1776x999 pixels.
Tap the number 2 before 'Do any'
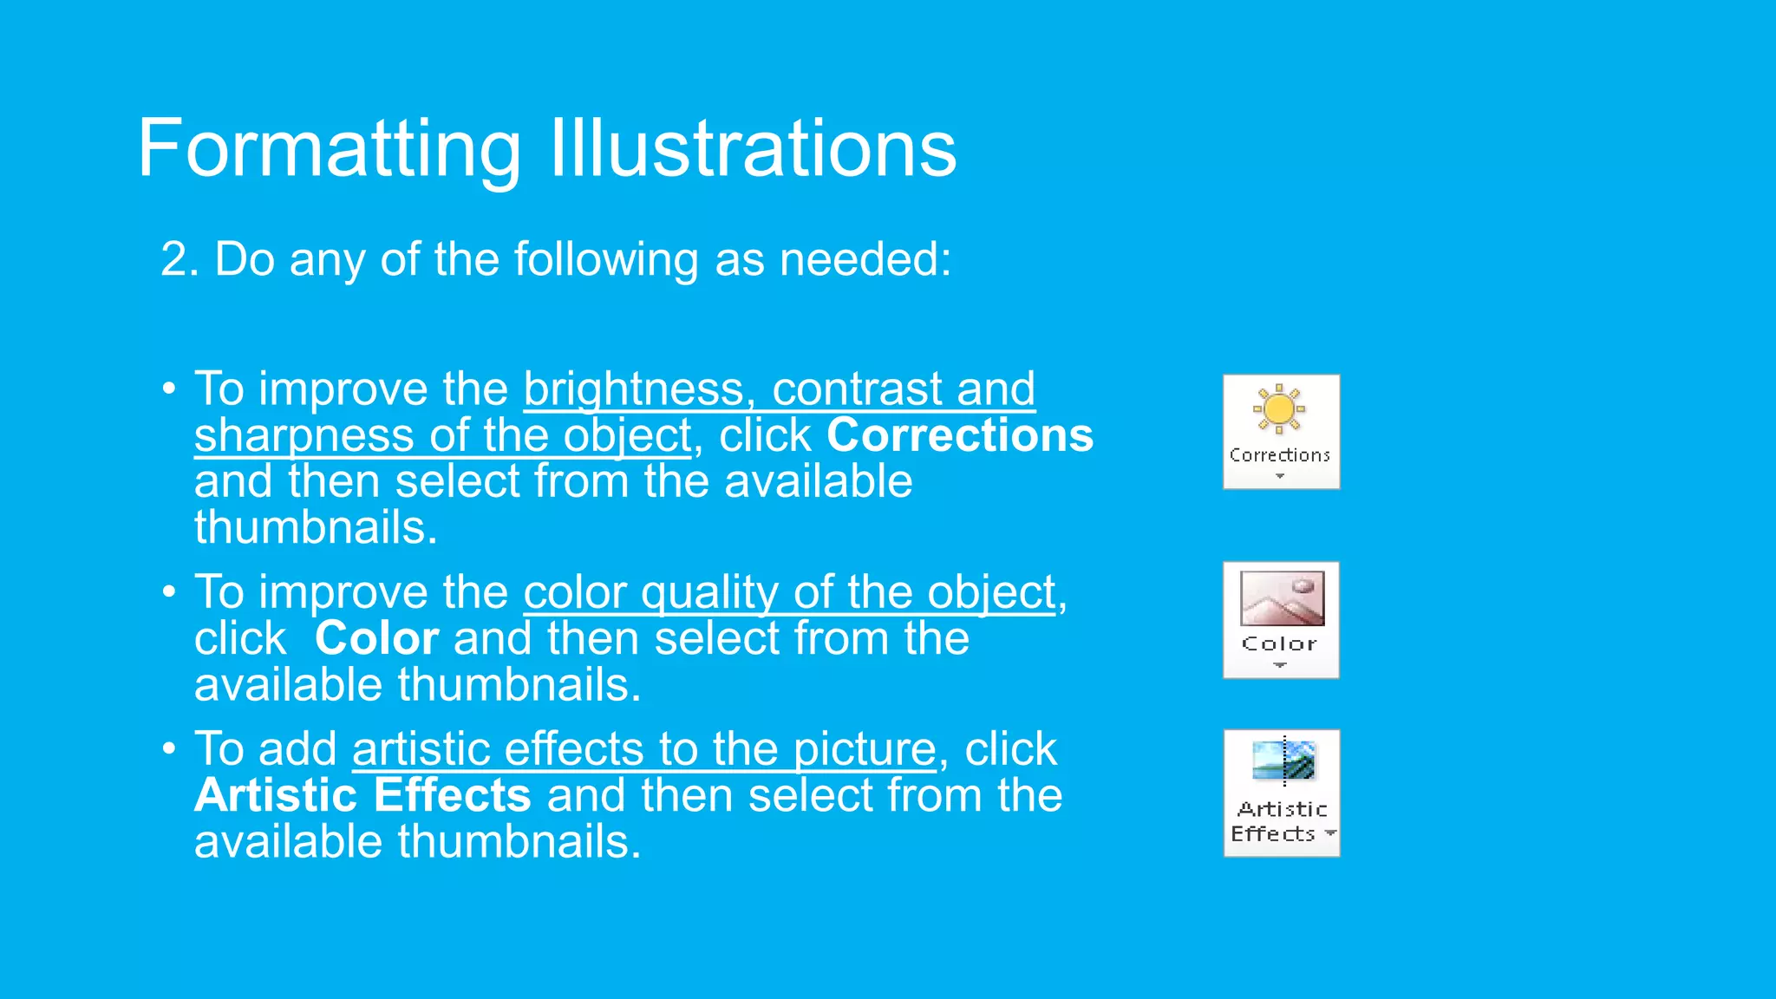[x=174, y=259]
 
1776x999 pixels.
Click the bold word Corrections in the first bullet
[x=960, y=435]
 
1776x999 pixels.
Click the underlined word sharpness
[x=304, y=435]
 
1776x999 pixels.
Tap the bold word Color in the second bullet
[x=376, y=639]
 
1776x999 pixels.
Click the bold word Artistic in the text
[x=276, y=796]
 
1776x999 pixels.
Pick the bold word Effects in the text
[x=453, y=796]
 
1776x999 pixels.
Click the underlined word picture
[x=865, y=749]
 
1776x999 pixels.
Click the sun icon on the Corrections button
[x=1279, y=408]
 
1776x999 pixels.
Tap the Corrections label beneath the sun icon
[x=1279, y=455]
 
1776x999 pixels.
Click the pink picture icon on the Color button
[x=1282, y=597]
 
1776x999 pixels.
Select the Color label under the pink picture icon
[x=1279, y=643]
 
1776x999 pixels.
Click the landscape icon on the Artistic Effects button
[x=1283, y=760]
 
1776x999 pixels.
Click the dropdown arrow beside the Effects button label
[x=1330, y=833]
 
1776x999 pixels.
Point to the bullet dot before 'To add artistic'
[x=169, y=748]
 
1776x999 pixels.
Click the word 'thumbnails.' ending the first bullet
[x=316, y=528]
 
